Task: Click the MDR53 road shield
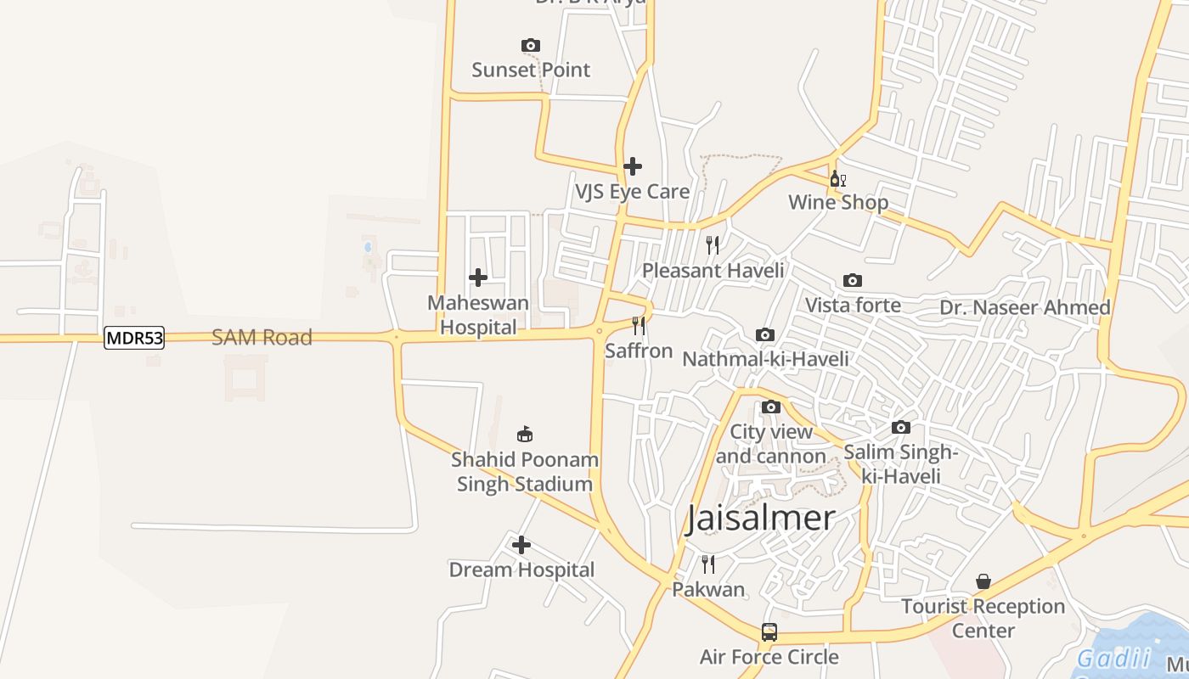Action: click(x=134, y=338)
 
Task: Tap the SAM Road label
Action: click(x=262, y=337)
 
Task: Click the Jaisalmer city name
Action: click(x=761, y=518)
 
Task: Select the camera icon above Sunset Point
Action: click(x=531, y=45)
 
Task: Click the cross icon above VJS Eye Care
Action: click(x=633, y=166)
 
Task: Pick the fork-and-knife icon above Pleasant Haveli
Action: click(x=713, y=245)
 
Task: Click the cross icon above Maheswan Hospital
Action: click(x=478, y=277)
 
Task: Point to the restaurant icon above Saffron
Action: click(x=639, y=325)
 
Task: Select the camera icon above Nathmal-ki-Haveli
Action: click(x=765, y=334)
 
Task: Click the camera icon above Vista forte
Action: click(x=853, y=280)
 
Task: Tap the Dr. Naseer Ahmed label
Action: click(x=1025, y=307)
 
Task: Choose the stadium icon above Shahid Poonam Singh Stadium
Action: click(x=525, y=434)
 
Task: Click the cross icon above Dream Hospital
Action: click(x=521, y=544)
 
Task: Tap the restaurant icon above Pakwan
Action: click(x=708, y=564)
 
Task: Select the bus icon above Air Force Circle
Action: click(x=769, y=631)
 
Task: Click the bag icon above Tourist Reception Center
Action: click(x=983, y=581)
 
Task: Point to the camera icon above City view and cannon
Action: click(x=771, y=407)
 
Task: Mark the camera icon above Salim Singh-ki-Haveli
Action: click(x=901, y=427)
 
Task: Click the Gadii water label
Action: click(x=1113, y=658)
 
